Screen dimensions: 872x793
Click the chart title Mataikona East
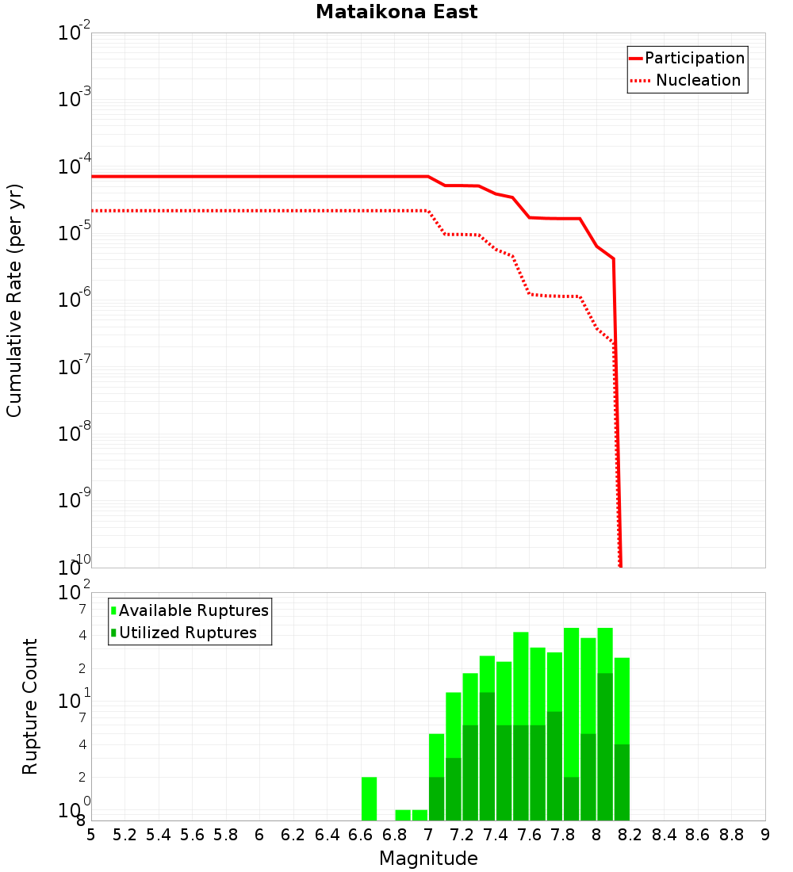click(396, 12)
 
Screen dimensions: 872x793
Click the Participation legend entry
click(694, 58)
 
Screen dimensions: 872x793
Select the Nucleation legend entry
click(697, 80)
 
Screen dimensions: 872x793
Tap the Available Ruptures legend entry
click(193, 610)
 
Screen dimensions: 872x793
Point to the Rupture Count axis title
click(30, 706)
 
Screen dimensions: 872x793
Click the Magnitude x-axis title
click(428, 859)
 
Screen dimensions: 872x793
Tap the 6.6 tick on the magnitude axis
click(361, 835)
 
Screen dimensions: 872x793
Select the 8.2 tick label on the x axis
click(630, 835)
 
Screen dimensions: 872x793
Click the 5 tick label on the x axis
click(91, 835)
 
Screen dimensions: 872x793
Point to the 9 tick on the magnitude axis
click(765, 835)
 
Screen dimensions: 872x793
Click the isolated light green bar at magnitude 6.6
click(369, 798)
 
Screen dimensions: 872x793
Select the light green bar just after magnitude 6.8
click(403, 815)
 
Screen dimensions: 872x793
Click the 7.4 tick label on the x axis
click(496, 835)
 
